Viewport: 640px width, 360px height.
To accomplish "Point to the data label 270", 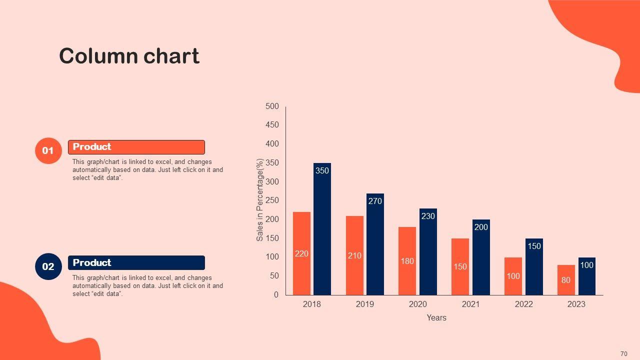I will (x=375, y=201).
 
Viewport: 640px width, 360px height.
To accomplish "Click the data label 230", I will (x=428, y=216).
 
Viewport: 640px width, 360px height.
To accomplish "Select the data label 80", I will (x=565, y=280).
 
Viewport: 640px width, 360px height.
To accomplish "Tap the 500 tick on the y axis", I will (x=272, y=106).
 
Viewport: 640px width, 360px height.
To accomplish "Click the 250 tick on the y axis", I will (x=272, y=200).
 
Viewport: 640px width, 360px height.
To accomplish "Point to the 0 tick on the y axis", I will (x=276, y=294).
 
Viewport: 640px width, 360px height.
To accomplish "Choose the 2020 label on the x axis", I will (x=417, y=304).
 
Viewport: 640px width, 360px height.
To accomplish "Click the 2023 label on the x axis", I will (x=576, y=304).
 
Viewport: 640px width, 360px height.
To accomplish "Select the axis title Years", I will (x=436, y=317).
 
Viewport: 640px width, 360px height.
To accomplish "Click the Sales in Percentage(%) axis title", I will (x=260, y=200).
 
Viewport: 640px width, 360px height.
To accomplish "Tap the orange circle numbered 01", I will (x=48, y=150).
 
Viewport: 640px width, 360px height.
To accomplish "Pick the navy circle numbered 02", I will (x=48, y=266).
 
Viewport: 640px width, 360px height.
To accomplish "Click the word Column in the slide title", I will (x=98, y=56).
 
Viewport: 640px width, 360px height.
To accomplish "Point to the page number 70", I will (x=623, y=354).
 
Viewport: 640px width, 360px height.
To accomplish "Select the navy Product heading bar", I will (x=136, y=262).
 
